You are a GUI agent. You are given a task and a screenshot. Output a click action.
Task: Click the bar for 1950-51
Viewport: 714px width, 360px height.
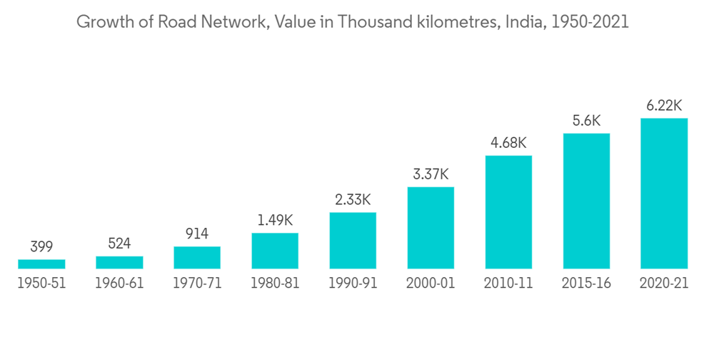[x=41, y=264]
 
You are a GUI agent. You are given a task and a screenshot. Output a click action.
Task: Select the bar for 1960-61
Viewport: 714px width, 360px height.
[x=119, y=262]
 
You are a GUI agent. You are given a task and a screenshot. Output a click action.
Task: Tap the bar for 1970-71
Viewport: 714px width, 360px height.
[x=197, y=257]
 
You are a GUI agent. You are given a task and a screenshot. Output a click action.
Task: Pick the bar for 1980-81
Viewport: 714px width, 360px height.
[x=275, y=251]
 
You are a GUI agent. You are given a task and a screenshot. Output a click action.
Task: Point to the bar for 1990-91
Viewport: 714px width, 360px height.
[x=353, y=240]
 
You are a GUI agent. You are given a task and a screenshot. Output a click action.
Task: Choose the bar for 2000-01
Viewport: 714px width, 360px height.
[x=431, y=228]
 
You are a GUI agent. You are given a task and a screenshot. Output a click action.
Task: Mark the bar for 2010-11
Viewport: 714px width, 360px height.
[x=508, y=212]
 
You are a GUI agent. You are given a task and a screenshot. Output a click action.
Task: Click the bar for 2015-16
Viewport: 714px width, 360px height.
[x=586, y=201]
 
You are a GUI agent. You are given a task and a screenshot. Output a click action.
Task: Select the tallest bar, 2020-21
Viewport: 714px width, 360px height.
[x=664, y=193]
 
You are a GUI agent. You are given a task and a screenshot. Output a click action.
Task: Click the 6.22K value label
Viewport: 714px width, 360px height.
[x=664, y=106]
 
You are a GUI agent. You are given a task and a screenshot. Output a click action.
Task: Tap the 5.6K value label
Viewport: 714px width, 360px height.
[x=586, y=121]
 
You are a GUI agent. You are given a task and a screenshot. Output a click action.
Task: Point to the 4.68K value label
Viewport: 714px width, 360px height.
[x=508, y=143]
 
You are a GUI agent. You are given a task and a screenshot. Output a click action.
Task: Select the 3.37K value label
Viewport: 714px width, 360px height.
[x=431, y=174]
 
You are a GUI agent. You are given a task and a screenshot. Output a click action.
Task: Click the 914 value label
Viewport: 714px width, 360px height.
[x=197, y=234]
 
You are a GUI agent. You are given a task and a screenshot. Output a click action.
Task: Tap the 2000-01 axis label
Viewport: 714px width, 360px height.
[x=431, y=283]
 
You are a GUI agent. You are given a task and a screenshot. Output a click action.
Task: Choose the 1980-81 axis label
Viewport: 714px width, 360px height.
[x=275, y=283]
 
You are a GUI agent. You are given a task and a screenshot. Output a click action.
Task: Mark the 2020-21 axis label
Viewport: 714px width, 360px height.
[x=664, y=283]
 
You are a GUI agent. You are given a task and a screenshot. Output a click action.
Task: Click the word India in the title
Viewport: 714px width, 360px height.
[x=523, y=22]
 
